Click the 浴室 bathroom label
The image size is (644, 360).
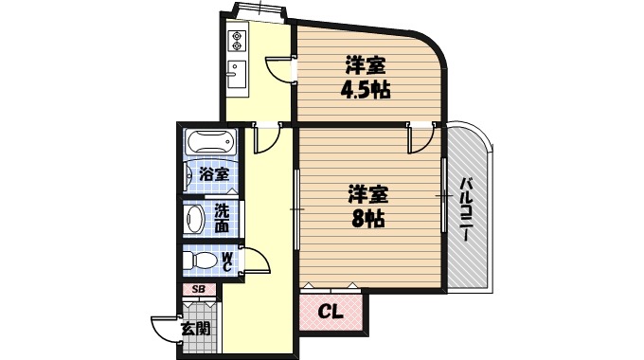[213, 173]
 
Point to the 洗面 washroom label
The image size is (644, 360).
[221, 219]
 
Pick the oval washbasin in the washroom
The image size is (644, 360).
[195, 220]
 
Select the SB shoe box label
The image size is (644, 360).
[199, 290]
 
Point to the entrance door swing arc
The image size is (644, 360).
[165, 328]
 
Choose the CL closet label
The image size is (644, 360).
[330, 310]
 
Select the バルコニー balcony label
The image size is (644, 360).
[467, 208]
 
